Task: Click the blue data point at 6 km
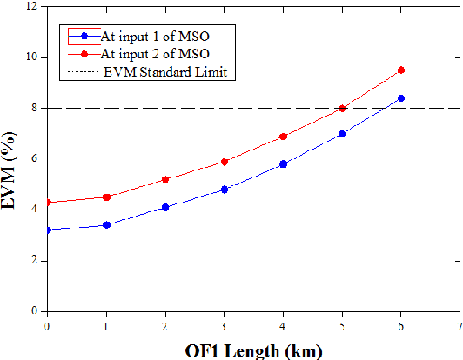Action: point(400,98)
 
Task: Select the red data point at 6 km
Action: point(400,70)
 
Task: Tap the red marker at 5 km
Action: point(342,109)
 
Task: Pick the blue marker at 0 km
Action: point(48,230)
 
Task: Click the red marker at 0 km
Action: point(48,203)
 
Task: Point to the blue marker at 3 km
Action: point(225,190)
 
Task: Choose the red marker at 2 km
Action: point(165,179)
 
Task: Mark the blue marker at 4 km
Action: point(283,164)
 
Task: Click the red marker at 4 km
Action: point(283,137)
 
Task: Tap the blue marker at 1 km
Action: point(106,224)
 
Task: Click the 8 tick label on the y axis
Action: point(35,109)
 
